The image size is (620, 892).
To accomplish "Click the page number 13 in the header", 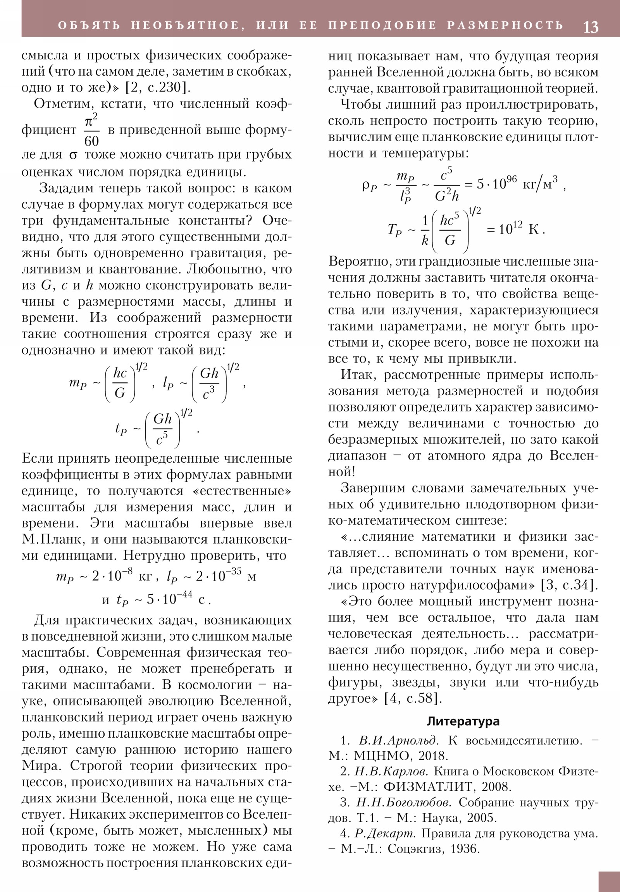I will click(x=591, y=27).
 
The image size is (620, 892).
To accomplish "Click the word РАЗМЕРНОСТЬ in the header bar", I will click(x=505, y=25).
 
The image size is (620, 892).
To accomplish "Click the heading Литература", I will click(x=463, y=721).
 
